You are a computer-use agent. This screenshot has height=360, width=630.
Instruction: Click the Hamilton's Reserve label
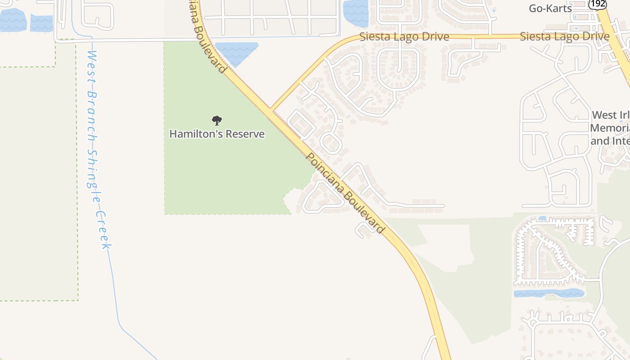point(217,134)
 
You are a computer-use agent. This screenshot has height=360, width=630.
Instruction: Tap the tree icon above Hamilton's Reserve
point(217,120)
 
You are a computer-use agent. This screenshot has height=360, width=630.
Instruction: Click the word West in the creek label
point(92,64)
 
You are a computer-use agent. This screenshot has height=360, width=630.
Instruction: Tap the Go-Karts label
point(550,8)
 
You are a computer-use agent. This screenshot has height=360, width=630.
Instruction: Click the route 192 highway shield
point(597,4)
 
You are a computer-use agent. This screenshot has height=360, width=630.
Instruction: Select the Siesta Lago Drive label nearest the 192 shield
point(564,36)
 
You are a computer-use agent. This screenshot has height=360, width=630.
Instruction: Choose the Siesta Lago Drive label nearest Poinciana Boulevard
point(404,36)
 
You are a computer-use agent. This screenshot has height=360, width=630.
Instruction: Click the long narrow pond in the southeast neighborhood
point(549,293)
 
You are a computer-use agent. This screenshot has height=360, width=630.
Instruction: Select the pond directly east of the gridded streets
point(356,13)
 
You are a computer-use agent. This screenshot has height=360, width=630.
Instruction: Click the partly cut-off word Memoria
point(610,128)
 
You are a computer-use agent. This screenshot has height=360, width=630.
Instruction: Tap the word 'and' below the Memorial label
point(599,141)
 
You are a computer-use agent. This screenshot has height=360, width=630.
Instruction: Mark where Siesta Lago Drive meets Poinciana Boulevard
point(272,109)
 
